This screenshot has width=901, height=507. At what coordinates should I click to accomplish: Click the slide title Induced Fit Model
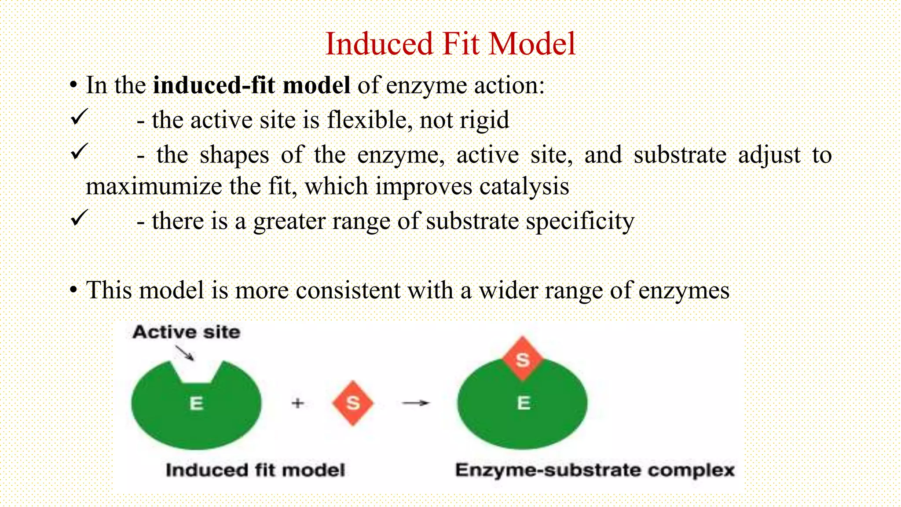(x=450, y=44)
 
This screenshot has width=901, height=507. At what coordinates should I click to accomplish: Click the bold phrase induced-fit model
(x=251, y=85)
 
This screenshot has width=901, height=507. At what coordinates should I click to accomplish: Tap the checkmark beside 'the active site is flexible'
(x=80, y=118)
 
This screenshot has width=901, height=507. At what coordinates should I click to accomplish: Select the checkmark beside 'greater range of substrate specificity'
(x=80, y=218)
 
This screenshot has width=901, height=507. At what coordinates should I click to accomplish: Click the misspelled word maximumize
(x=153, y=187)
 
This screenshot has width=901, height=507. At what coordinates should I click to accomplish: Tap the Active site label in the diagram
(x=187, y=332)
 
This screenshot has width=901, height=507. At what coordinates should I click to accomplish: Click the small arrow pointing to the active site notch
(x=184, y=353)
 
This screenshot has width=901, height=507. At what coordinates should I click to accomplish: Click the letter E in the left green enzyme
(x=196, y=403)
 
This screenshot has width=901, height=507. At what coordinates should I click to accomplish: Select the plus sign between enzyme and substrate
(x=298, y=403)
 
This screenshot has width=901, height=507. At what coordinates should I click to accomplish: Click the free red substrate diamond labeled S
(x=353, y=403)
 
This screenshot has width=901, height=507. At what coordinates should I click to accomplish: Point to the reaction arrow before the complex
(x=415, y=403)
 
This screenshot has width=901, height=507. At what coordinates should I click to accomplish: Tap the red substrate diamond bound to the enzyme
(x=523, y=359)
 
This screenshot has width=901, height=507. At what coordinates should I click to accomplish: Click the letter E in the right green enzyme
(x=524, y=403)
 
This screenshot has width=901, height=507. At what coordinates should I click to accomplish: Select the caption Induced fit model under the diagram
(x=255, y=470)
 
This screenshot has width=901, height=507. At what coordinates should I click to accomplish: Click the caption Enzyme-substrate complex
(x=595, y=470)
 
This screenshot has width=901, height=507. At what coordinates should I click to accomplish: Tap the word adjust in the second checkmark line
(x=769, y=155)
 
